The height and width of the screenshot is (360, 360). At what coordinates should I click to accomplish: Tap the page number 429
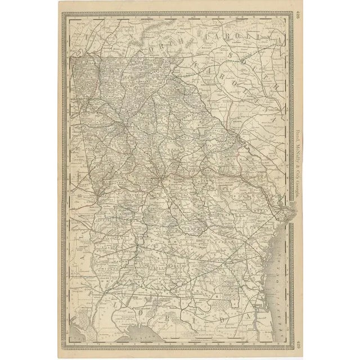(x=298, y=344)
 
